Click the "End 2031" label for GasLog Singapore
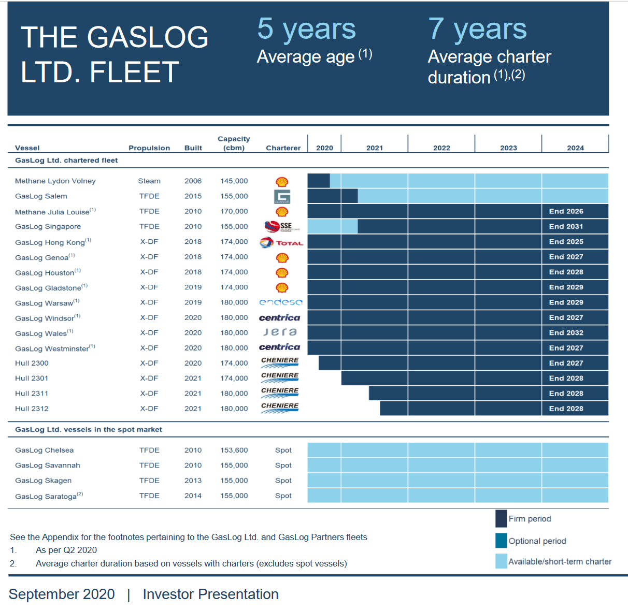tap(566, 226)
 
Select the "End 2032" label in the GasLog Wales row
tap(566, 333)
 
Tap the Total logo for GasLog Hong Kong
tap(281, 242)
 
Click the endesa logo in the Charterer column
tap(280, 302)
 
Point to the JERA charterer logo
tap(280, 332)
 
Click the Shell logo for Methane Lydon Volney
tap(282, 182)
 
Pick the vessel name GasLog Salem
tap(41, 196)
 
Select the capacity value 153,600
tap(234, 450)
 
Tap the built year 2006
tap(193, 181)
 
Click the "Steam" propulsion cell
tap(149, 181)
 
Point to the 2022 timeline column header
tap(441, 148)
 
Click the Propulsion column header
tap(149, 148)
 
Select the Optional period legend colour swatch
tap(501, 541)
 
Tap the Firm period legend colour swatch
tap(501, 519)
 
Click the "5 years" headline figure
tap(306, 29)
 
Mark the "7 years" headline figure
tap(477, 29)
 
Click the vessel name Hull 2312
tap(32, 409)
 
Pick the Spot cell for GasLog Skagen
tap(283, 481)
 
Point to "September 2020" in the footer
tap(62, 594)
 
